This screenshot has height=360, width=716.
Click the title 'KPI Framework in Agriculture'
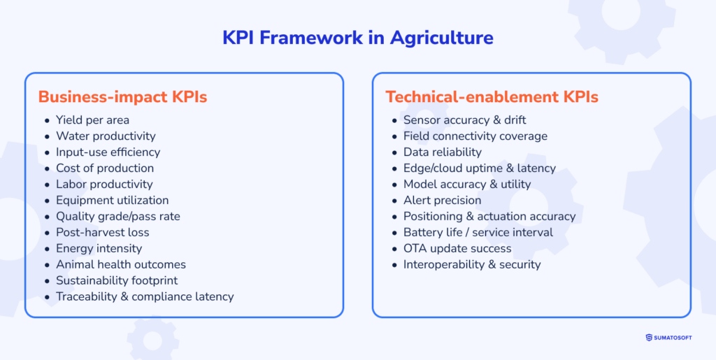click(357, 37)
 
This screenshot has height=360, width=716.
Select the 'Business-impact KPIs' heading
click(122, 97)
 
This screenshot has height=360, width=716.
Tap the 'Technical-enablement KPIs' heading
click(492, 97)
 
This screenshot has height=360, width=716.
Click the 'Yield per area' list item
click(92, 120)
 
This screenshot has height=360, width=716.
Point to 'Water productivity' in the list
click(106, 136)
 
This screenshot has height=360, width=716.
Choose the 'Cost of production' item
click(105, 168)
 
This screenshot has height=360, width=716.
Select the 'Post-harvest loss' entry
click(102, 233)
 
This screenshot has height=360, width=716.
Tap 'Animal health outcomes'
click(121, 265)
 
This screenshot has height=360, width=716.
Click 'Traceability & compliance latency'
click(145, 297)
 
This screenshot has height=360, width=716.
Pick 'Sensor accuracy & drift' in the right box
click(464, 120)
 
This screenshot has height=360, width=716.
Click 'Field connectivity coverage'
click(475, 136)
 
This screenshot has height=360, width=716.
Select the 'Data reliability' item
click(442, 152)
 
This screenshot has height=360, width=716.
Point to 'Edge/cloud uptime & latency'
click(479, 168)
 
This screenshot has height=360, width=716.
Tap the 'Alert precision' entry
click(442, 201)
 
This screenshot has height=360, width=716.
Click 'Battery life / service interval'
click(478, 233)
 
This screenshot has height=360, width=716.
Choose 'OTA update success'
click(457, 249)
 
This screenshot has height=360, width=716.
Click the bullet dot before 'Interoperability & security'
click(394, 265)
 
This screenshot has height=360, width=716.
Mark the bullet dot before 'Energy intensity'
click(47, 249)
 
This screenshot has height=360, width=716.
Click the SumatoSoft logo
click(668, 338)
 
